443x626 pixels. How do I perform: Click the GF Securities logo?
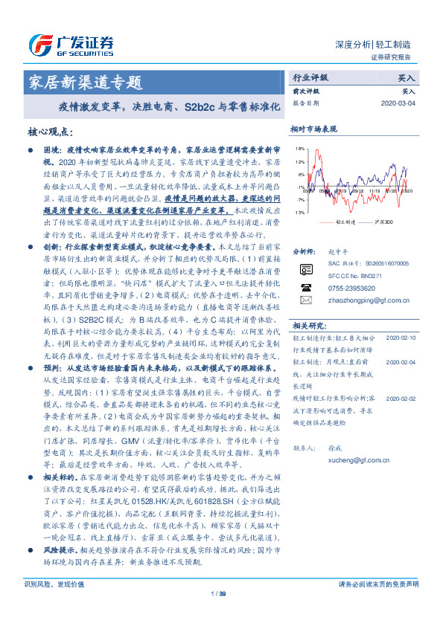click(71, 42)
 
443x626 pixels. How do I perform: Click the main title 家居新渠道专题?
click(84, 81)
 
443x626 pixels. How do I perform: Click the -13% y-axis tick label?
click(299, 213)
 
